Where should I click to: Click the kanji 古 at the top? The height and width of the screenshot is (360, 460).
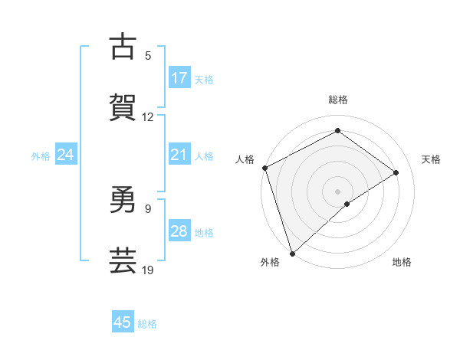pos(123,47)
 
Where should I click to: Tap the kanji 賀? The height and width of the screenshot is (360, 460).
pos(123,107)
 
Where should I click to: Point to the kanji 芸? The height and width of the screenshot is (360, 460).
pos(123,260)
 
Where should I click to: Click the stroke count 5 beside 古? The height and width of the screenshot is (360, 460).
pos(148,56)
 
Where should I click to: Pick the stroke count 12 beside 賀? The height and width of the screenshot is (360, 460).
pos(148,117)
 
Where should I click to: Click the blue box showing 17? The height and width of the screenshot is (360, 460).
pos(179,78)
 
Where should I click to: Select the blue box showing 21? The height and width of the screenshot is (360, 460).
pos(179,155)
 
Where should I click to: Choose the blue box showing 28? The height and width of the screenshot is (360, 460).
pos(179,232)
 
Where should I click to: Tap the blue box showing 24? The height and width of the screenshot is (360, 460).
pos(66,155)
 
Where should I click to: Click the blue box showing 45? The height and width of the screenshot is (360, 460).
pos(123,322)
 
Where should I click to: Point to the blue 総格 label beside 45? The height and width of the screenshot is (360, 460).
pos(147,324)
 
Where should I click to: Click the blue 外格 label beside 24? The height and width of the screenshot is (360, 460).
pos(41,156)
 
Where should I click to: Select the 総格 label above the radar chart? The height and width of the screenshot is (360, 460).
pos(338,100)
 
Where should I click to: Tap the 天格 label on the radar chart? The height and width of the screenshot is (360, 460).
pos(432,159)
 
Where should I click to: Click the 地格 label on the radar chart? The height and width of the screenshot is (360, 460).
pos(402,262)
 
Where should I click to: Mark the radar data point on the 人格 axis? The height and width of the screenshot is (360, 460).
pos(264,168)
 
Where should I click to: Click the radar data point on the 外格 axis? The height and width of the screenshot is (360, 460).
pos(292,252)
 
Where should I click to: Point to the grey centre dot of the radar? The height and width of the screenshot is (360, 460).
pos(337,191)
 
